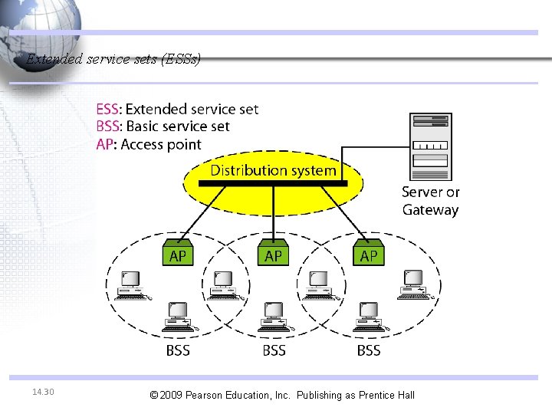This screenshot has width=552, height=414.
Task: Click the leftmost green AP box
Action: pos(178,252)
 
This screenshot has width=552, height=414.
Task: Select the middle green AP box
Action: pos(273,252)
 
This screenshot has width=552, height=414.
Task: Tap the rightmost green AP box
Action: pos(369,252)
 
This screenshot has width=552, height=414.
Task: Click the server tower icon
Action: pos(431,146)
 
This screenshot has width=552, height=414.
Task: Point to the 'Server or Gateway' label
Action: pos(431,201)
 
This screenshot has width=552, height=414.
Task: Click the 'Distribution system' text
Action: pos(273,170)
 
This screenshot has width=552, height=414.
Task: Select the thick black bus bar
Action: pos(273,183)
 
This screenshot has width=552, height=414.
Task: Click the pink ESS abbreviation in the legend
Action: pos(107,109)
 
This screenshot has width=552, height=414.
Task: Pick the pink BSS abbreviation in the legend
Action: pos(107,126)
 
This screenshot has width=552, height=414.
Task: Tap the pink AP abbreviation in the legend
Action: pos(104,144)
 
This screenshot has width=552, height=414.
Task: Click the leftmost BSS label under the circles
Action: pos(178,350)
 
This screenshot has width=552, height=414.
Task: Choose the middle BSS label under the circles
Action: pos(274,350)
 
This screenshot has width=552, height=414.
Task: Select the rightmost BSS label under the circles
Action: pos(369,350)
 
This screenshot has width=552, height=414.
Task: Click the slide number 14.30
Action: pos(43,392)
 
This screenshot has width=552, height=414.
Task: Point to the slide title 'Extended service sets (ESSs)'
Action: pos(113,59)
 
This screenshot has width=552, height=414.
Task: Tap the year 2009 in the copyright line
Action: pos(171,395)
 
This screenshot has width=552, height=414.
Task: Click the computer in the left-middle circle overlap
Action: pos(225,286)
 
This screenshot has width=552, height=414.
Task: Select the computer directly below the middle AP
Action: pos(274,317)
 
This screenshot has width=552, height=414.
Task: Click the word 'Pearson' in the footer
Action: pos(204,395)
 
